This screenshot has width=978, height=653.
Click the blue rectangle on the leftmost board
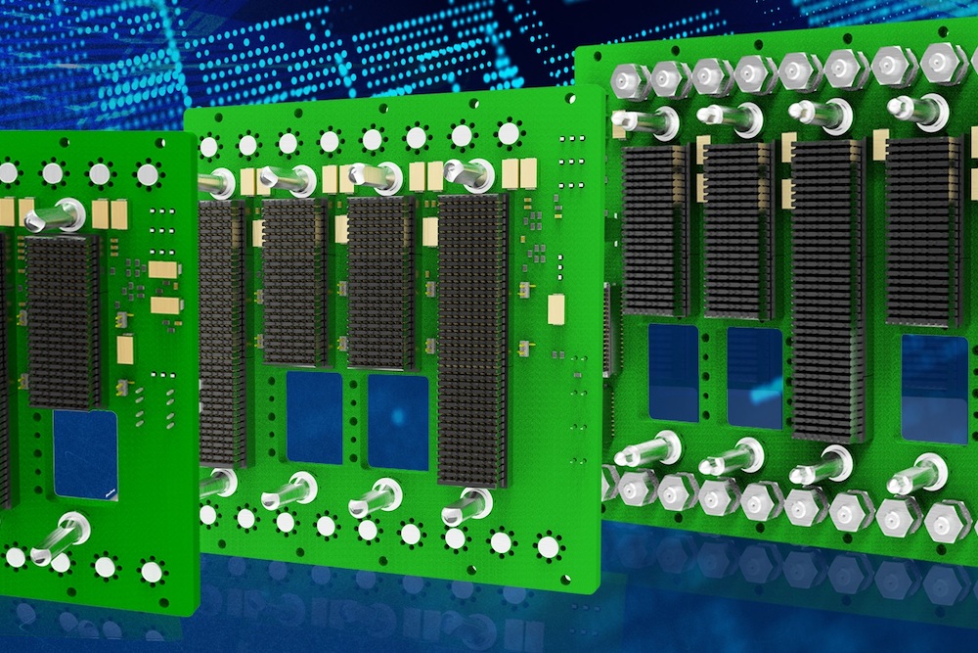85,453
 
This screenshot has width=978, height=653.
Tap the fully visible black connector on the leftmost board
63,319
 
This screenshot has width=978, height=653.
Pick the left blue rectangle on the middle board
315,416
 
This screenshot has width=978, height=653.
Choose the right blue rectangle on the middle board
398,422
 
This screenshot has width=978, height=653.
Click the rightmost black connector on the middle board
473,339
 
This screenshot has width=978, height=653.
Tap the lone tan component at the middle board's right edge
557,309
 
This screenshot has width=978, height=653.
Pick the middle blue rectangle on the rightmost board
755,364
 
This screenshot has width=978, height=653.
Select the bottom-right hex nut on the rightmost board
947,520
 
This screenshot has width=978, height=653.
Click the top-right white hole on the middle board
509,133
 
